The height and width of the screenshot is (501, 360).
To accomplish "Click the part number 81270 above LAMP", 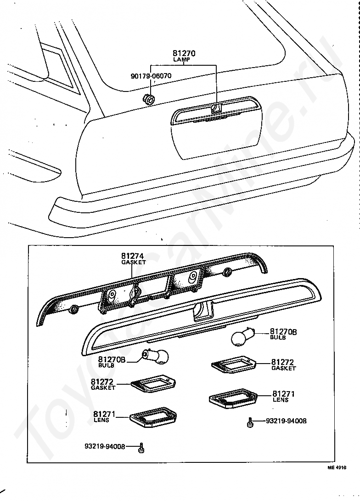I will point(184,53).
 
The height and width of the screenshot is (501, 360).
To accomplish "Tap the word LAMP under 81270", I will point(184,60).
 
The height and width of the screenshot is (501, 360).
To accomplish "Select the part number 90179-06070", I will point(151,76).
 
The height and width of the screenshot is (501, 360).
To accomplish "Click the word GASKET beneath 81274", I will point(133,262).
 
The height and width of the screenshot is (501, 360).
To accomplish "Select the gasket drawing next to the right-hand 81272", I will point(234,365).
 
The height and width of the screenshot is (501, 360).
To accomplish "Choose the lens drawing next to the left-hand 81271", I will point(152,417).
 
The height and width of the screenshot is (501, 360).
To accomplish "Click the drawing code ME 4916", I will point(337,467).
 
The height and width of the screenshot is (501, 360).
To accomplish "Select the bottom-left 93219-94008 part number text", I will point(104,446).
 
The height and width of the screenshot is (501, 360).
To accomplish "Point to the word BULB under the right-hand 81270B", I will point(277,337).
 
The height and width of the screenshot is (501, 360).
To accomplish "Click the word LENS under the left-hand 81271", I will point(101,420).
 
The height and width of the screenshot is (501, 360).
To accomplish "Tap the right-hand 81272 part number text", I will point(282,362).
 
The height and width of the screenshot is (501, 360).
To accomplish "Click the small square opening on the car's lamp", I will point(216,108).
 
